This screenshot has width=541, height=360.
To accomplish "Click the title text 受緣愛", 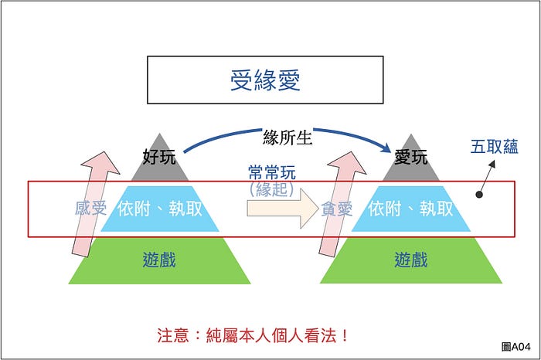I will [265, 80].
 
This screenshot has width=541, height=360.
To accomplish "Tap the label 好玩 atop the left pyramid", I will [160, 157].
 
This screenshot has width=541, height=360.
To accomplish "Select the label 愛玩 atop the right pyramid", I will [410, 157].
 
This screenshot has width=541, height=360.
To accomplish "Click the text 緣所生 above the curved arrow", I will [287, 138].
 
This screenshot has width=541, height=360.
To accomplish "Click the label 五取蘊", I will [495, 147].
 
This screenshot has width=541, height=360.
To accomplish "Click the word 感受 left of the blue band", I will [90, 209].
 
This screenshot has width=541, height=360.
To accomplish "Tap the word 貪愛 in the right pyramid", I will [337, 209].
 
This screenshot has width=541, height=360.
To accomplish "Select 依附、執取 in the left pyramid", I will [160, 209].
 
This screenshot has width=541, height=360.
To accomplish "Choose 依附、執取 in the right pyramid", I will [410, 209].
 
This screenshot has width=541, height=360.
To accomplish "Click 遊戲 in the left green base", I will [159, 259].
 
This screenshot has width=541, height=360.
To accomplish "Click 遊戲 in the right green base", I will [410, 259].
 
